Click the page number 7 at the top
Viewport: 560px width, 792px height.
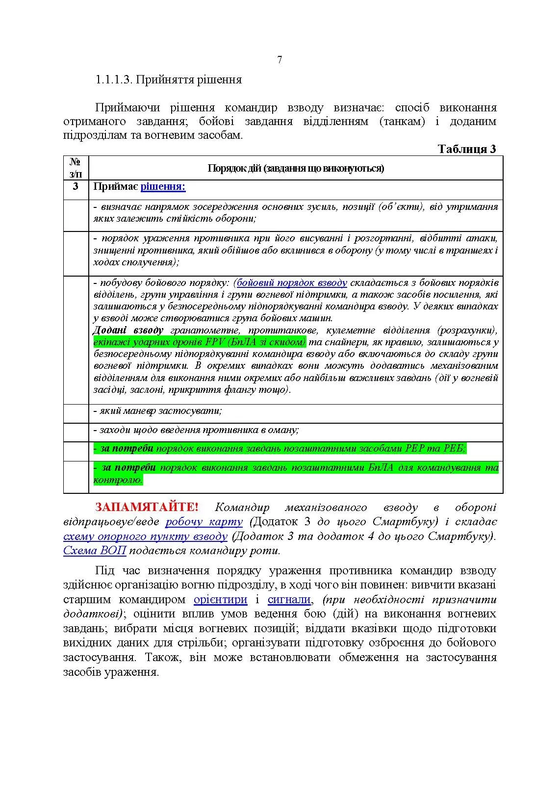(280, 60)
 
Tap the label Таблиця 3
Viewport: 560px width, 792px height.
(466, 149)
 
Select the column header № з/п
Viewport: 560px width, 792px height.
(76, 168)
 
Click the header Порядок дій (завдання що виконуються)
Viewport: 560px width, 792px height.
(296, 168)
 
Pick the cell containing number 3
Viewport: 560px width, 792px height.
(76, 187)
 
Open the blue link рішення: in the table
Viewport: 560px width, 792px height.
(163, 187)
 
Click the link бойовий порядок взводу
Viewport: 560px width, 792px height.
(292, 283)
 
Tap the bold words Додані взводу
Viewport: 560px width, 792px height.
(128, 330)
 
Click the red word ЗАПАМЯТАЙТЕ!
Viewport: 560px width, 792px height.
(147, 507)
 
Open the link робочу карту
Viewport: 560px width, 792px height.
(204, 522)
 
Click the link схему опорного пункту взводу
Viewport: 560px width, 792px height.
(145, 536)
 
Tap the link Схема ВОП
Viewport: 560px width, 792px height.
(95, 551)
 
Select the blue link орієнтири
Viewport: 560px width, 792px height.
(220, 599)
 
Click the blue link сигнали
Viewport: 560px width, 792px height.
(289, 599)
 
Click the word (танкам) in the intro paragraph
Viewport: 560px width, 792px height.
(402, 121)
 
